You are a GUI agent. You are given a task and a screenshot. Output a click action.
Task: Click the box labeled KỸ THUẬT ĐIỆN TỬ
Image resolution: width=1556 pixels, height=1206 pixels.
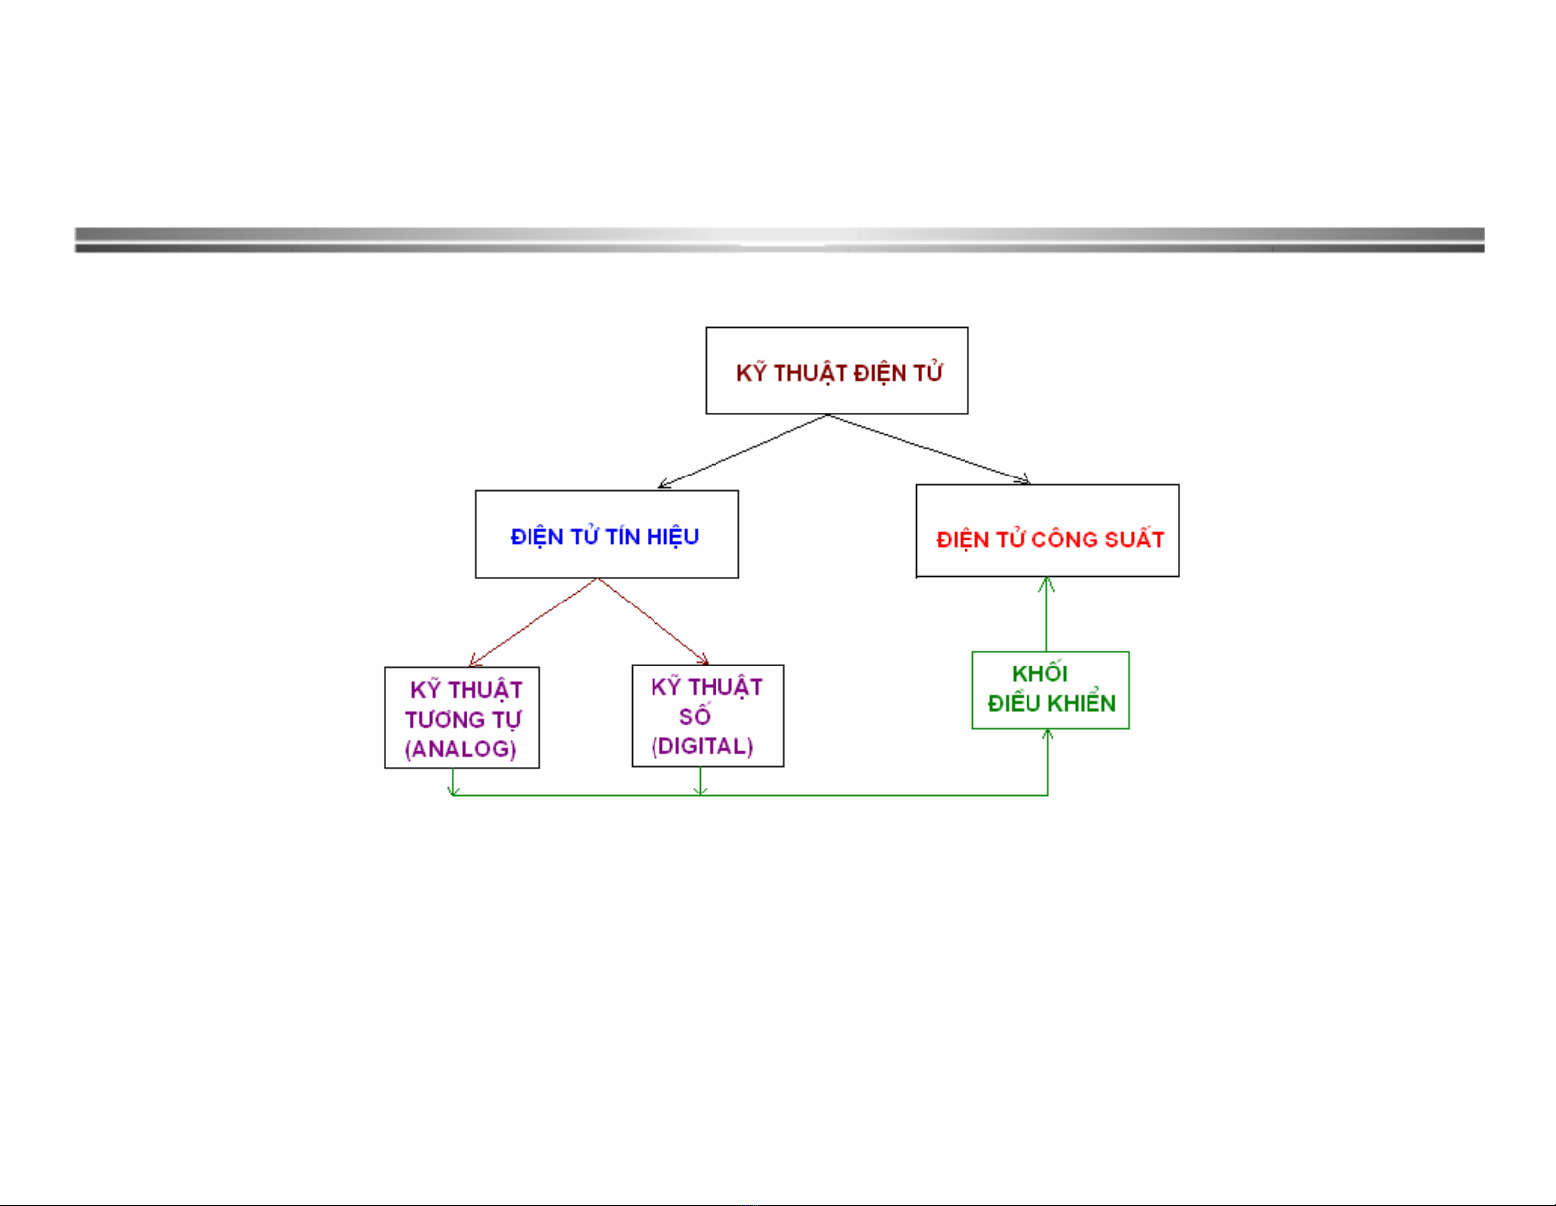click(x=837, y=370)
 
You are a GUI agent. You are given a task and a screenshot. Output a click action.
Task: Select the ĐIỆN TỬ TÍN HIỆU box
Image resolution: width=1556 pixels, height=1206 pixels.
click(x=606, y=535)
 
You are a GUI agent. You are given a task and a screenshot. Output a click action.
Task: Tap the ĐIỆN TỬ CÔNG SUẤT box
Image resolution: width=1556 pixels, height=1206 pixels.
click(x=1047, y=531)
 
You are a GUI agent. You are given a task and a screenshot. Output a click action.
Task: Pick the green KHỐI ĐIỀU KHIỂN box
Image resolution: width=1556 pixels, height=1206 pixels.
click(x=1050, y=689)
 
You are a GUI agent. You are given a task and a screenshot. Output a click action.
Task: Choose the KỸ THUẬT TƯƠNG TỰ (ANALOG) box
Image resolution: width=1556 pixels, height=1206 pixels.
click(x=462, y=718)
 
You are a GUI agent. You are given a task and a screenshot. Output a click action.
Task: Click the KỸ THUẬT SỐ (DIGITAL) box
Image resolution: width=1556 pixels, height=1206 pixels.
click(x=708, y=716)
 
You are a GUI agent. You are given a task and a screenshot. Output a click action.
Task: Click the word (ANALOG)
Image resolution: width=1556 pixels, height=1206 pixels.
click(x=461, y=749)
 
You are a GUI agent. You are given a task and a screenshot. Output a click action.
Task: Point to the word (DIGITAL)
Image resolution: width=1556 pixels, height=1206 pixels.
click(x=703, y=746)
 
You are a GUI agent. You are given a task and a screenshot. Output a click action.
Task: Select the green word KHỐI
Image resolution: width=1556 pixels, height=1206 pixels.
click(x=1039, y=674)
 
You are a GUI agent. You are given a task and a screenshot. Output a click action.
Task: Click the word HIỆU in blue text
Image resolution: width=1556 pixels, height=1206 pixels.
click(x=672, y=537)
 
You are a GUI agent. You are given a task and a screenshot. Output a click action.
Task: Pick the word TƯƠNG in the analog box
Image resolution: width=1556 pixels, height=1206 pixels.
click(x=442, y=720)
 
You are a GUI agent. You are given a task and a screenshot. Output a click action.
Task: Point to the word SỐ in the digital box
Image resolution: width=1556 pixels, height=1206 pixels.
click(x=695, y=717)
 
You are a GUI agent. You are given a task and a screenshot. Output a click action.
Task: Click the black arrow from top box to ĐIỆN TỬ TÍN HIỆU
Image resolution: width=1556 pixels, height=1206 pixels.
click(x=743, y=451)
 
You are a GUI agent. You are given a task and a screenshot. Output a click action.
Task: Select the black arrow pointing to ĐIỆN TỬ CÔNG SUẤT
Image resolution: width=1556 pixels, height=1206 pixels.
click(x=929, y=449)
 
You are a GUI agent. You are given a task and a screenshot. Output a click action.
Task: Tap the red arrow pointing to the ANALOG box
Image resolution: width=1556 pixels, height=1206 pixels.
click(x=533, y=622)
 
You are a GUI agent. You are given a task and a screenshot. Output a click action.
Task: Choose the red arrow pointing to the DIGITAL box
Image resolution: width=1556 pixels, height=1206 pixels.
click(x=654, y=621)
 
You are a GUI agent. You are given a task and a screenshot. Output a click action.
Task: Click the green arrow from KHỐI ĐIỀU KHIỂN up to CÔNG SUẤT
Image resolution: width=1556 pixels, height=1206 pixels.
click(x=1047, y=614)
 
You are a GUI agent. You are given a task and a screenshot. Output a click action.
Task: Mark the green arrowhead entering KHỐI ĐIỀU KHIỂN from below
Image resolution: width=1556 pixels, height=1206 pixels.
click(x=1048, y=734)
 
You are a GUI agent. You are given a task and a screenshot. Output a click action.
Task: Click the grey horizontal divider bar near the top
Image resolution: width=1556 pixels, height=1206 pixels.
click(x=778, y=240)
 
